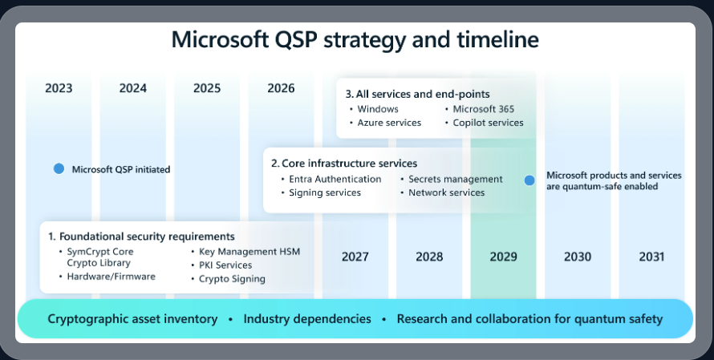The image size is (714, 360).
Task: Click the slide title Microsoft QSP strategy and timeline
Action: click(355, 40)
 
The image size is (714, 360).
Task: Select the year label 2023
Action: click(59, 88)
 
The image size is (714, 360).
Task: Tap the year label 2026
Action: click(281, 88)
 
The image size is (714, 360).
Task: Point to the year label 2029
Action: click(503, 257)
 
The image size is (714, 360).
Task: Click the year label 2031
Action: click(652, 257)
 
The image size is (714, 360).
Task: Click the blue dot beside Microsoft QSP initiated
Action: click(59, 169)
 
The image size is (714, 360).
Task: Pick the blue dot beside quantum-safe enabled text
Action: click(529, 180)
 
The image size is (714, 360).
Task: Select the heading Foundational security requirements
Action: click(141, 237)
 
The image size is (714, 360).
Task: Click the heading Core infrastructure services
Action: click(344, 164)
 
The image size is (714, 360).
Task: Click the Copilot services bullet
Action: click(488, 123)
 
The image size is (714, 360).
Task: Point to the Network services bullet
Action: click(446, 192)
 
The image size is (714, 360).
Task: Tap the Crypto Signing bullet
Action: click(232, 278)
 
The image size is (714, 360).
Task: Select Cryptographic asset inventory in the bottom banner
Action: click(132, 319)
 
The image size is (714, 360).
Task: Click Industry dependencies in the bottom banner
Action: click(307, 319)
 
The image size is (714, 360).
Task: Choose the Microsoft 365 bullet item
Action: click(483, 109)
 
